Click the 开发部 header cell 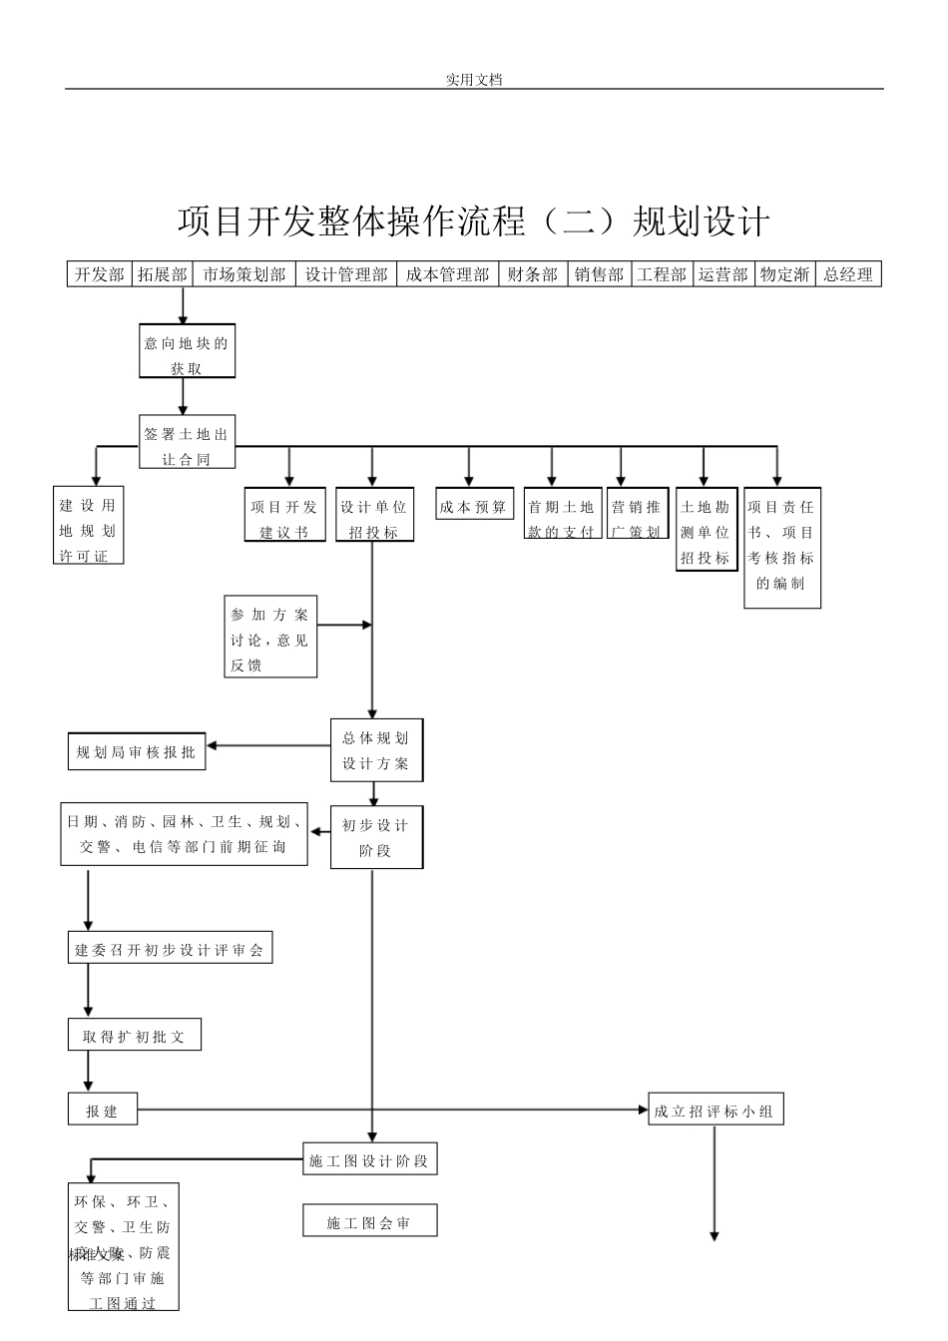coord(99,274)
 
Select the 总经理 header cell coord(848,274)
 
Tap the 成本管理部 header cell coord(447,274)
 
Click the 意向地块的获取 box coord(187,352)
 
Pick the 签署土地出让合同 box coord(187,442)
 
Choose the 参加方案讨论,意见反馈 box coord(270,637)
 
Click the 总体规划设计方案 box coord(376,749)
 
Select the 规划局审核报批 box coord(137,751)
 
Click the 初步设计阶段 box coord(376,836)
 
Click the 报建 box coord(103,1109)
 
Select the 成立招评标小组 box coord(714,1109)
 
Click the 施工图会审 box coord(369,1220)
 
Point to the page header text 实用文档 coord(473,79)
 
